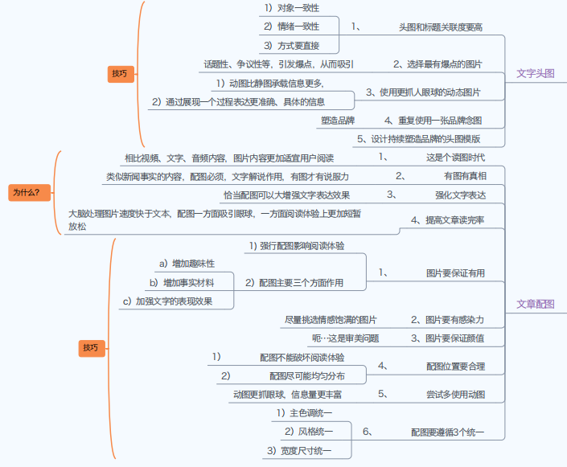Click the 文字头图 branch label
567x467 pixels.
coord(535,73)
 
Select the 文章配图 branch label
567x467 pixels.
coord(535,304)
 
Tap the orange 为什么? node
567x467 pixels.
coord(31,192)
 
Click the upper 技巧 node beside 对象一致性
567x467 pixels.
coord(119,74)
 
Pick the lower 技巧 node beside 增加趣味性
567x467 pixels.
coord(90,348)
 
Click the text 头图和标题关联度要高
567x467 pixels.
coord(440,27)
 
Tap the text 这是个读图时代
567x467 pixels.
coord(455,158)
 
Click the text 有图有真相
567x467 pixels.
coord(464,176)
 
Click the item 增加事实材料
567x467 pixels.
coord(188,283)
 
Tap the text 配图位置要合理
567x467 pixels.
coord(455,367)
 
